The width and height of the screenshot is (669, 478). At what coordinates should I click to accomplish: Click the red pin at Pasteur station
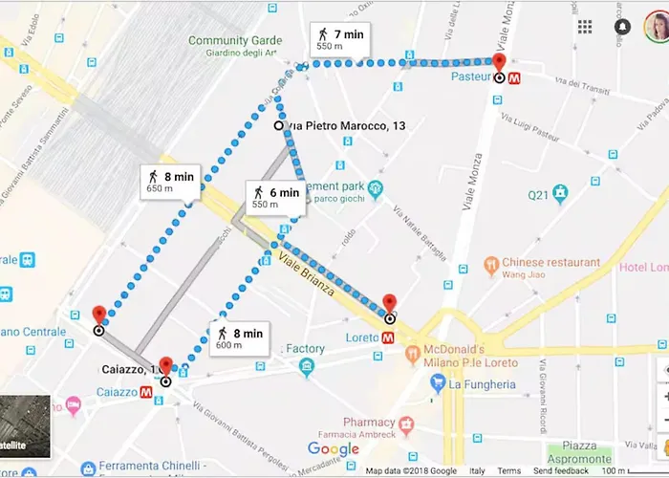tap(499, 63)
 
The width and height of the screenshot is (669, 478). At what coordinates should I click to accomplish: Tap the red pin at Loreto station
tap(389, 305)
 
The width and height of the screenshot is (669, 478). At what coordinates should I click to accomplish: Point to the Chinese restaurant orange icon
tap(490, 263)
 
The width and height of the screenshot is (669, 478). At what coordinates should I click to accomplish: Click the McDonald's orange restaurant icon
tap(413, 356)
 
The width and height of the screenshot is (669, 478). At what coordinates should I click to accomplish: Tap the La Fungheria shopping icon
tap(438, 384)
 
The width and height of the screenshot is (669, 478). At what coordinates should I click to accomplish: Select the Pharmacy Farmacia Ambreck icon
tap(407, 423)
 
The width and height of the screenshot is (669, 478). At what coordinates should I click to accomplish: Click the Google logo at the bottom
tap(334, 449)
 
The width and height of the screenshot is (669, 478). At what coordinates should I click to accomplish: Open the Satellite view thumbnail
tap(25, 425)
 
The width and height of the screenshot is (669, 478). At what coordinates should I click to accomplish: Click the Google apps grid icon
tap(584, 27)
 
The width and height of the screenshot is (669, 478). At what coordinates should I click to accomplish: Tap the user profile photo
tap(656, 27)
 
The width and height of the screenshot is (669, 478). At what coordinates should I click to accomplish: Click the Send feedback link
tap(561, 471)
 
